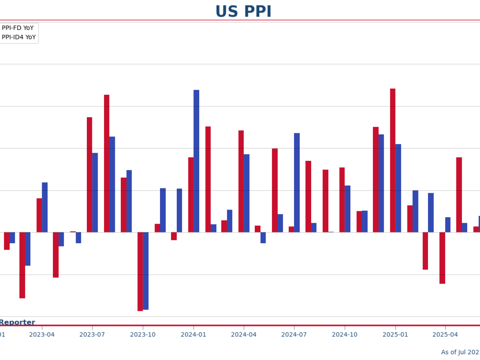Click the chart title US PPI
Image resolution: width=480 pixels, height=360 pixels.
(243, 12)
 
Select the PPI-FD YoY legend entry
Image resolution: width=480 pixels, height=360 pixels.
(18, 28)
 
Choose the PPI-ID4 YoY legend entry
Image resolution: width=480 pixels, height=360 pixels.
(18, 37)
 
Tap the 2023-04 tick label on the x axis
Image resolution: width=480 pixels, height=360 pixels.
(42, 334)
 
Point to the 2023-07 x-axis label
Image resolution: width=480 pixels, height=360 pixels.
(92, 334)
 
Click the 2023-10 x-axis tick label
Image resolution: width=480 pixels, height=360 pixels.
(143, 334)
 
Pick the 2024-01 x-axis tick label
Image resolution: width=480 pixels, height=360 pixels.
(193, 334)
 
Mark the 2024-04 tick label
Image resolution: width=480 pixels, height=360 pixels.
(244, 334)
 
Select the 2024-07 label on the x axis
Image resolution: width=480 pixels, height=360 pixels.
(294, 334)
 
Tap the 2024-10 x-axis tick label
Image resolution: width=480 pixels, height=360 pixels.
(344, 334)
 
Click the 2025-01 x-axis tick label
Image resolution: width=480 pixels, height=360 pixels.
(395, 334)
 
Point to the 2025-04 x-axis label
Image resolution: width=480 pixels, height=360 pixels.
(445, 334)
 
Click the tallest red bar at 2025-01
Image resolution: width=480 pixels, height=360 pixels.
(393, 160)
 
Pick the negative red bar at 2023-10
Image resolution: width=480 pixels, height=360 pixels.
(140, 271)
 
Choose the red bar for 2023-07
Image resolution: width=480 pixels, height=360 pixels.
(89, 174)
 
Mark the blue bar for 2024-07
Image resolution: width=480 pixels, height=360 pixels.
(297, 182)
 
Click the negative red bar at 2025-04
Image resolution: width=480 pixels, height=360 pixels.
(442, 258)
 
